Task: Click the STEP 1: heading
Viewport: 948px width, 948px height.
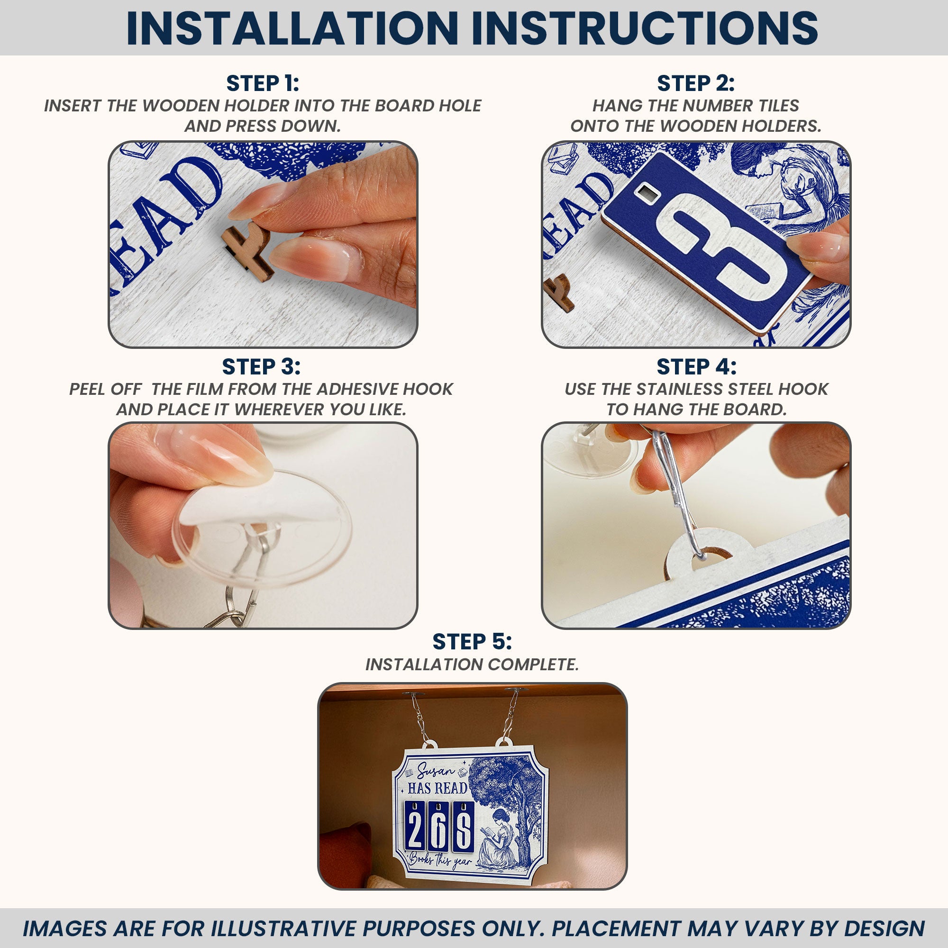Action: [x=263, y=83]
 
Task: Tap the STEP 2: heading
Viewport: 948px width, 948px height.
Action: [x=696, y=83]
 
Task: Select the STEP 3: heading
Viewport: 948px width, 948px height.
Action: [x=261, y=366]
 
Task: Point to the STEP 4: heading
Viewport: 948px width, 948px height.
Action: [x=696, y=366]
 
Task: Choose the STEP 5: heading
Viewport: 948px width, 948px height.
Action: [x=472, y=641]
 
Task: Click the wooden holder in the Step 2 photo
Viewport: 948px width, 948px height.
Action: [x=559, y=293]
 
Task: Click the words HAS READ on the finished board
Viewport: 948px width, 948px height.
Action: [x=437, y=789]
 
